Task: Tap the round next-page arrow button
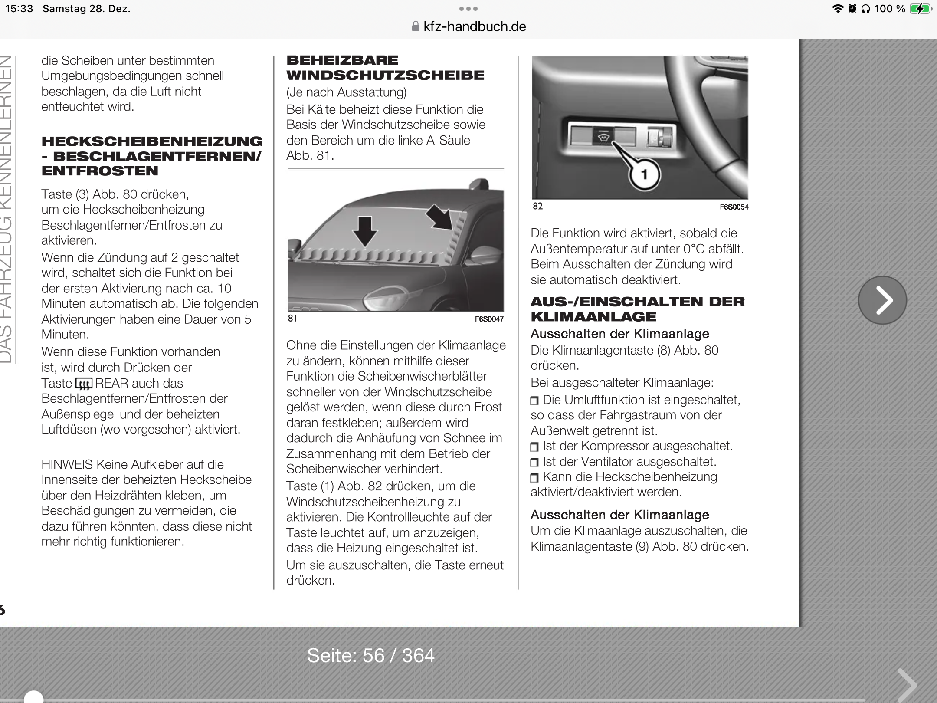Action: [x=882, y=300]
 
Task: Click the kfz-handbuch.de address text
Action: [x=474, y=27]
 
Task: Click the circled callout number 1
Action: [x=644, y=174]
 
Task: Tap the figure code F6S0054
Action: [x=734, y=207]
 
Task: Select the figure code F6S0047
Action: [x=489, y=319]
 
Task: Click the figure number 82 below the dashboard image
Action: [x=537, y=206]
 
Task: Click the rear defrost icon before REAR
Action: [x=83, y=384]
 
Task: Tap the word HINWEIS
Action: [x=67, y=464]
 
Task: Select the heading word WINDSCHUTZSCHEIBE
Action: [x=385, y=76]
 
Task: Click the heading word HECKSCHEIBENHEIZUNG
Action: [x=152, y=141]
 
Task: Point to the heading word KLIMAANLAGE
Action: [x=593, y=317]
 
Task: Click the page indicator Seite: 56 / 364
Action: [x=370, y=655]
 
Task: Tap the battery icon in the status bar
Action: [x=921, y=9]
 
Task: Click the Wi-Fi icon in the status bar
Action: [x=837, y=9]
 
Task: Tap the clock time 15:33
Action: [x=19, y=9]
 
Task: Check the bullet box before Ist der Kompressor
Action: [x=534, y=447]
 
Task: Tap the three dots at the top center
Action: [x=468, y=9]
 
